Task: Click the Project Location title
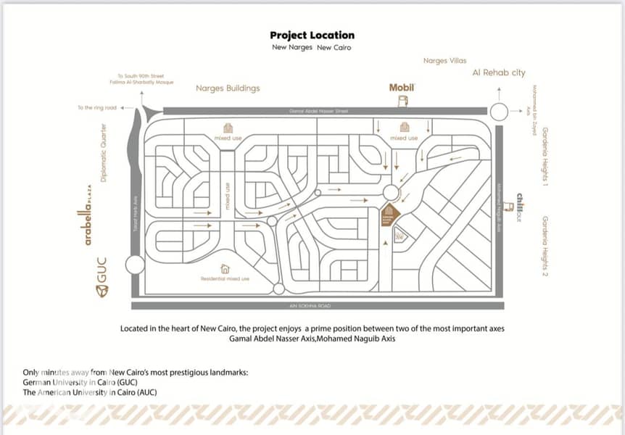312,35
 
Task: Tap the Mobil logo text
401,87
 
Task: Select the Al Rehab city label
499,72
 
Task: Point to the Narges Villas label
444,61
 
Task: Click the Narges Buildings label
228,88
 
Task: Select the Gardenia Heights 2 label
545,246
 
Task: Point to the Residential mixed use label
225,278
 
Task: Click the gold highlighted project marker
388,215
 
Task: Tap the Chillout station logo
520,207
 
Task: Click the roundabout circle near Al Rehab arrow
498,112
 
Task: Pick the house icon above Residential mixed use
225,268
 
